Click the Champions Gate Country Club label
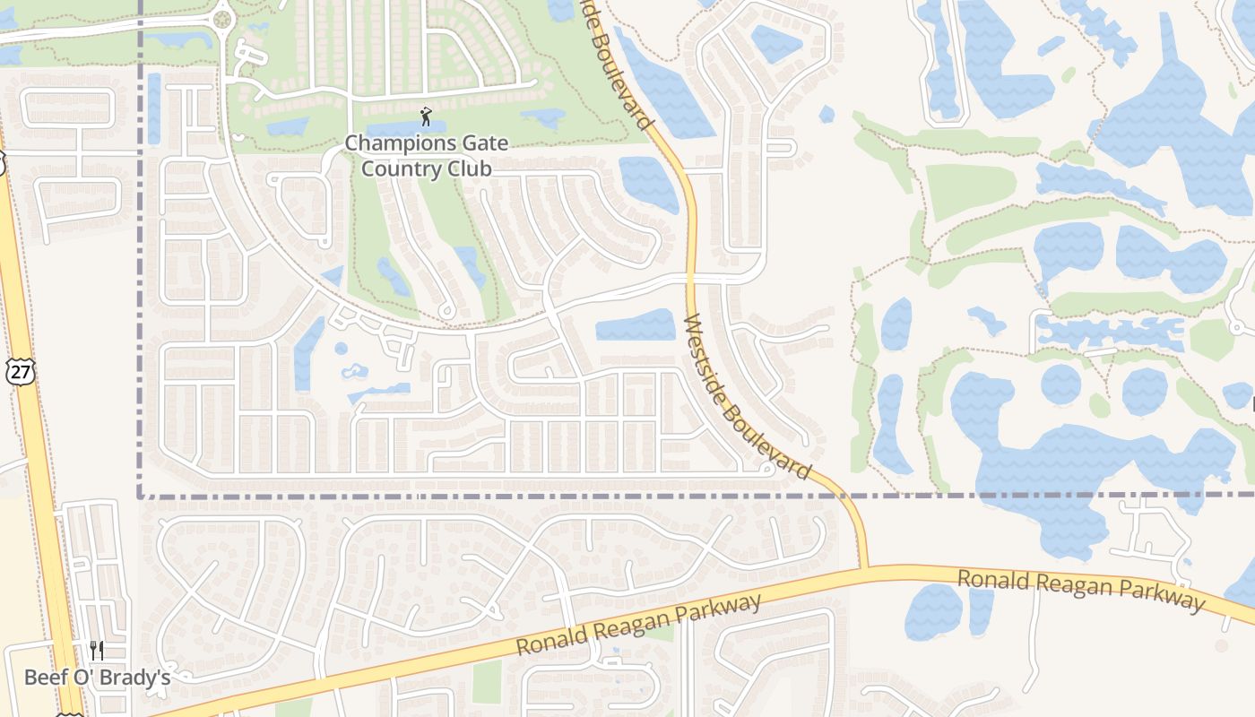(426, 156)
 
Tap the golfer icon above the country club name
(426, 117)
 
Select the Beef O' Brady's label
(97, 677)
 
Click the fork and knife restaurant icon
(97, 650)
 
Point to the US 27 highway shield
(20, 372)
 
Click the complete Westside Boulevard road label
(747, 396)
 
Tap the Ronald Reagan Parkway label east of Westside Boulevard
(1080, 590)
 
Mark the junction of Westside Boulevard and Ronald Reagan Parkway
(864, 568)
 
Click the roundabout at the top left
(223, 18)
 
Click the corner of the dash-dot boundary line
(141, 495)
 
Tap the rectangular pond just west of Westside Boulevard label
(636, 325)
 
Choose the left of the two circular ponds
(1060, 384)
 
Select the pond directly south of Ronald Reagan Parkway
(933, 612)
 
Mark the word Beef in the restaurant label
(44, 677)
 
